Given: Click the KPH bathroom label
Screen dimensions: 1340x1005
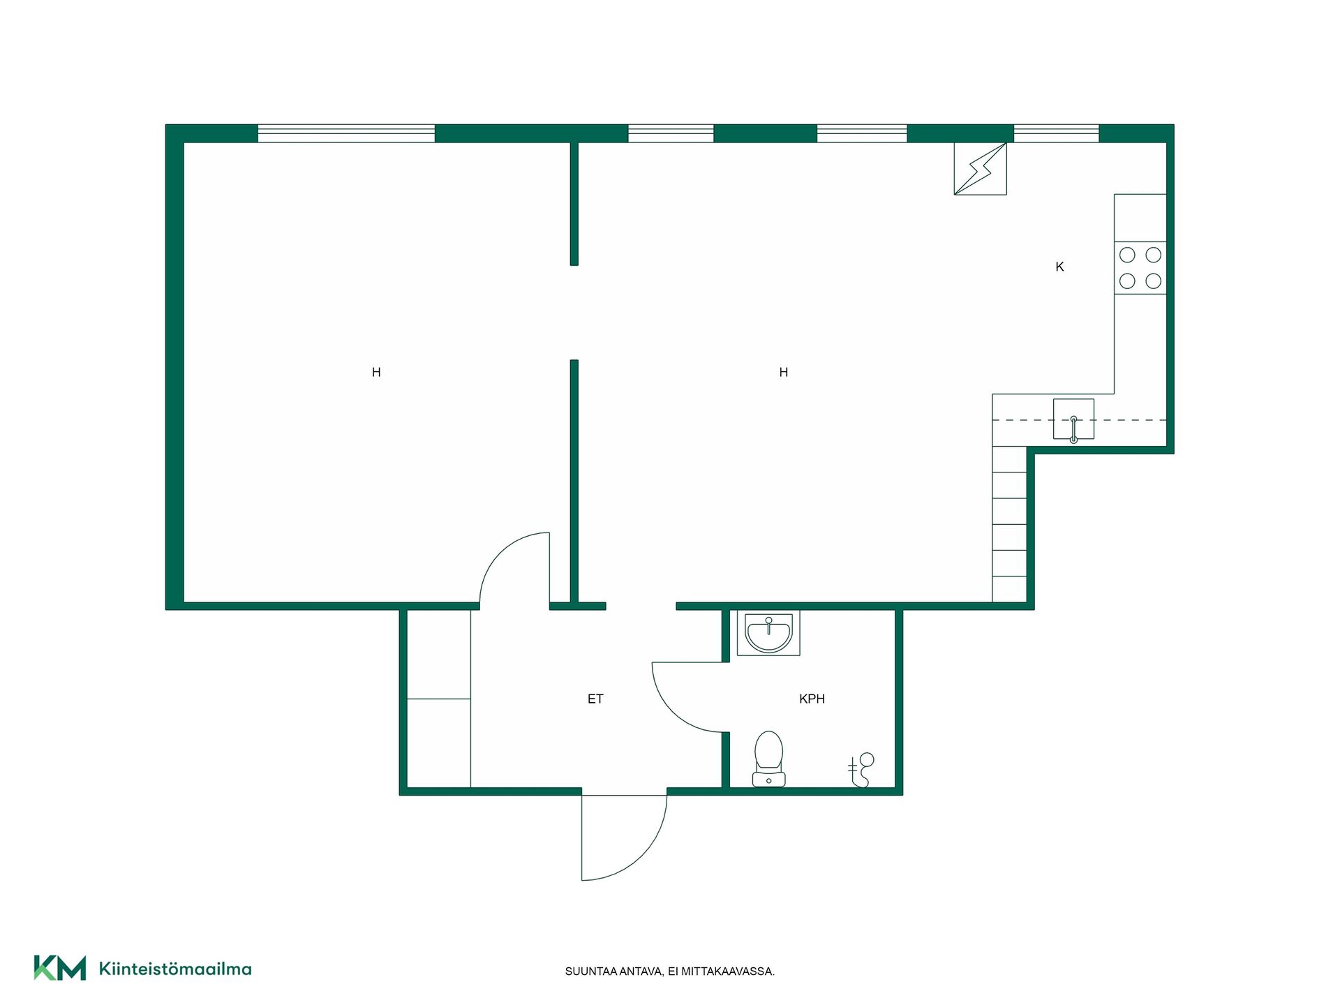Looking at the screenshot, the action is [812, 699].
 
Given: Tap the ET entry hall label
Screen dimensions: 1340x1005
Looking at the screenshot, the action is [595, 699].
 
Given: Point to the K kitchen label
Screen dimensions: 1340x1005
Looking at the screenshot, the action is [1059, 267].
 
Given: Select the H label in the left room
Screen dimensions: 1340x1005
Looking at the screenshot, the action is [376, 373].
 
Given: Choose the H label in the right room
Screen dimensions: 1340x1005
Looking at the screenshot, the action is [784, 373].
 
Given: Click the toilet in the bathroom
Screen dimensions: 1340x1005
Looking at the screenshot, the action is [768, 759].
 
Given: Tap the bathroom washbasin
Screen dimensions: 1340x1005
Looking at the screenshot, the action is [768, 633].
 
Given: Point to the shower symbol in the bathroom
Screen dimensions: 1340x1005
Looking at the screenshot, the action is [862, 770].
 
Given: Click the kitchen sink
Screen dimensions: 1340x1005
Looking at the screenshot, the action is [1073, 419].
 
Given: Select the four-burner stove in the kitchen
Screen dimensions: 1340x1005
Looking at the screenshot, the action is [1140, 268].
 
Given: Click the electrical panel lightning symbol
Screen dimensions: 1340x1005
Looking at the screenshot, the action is [981, 169].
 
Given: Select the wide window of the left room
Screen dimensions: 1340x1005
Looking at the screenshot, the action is [346, 133].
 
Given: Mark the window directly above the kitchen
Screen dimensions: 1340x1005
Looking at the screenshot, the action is [1056, 133].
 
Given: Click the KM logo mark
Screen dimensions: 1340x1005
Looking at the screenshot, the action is [60, 968].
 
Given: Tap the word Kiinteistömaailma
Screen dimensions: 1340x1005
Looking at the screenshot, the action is [175, 969].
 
